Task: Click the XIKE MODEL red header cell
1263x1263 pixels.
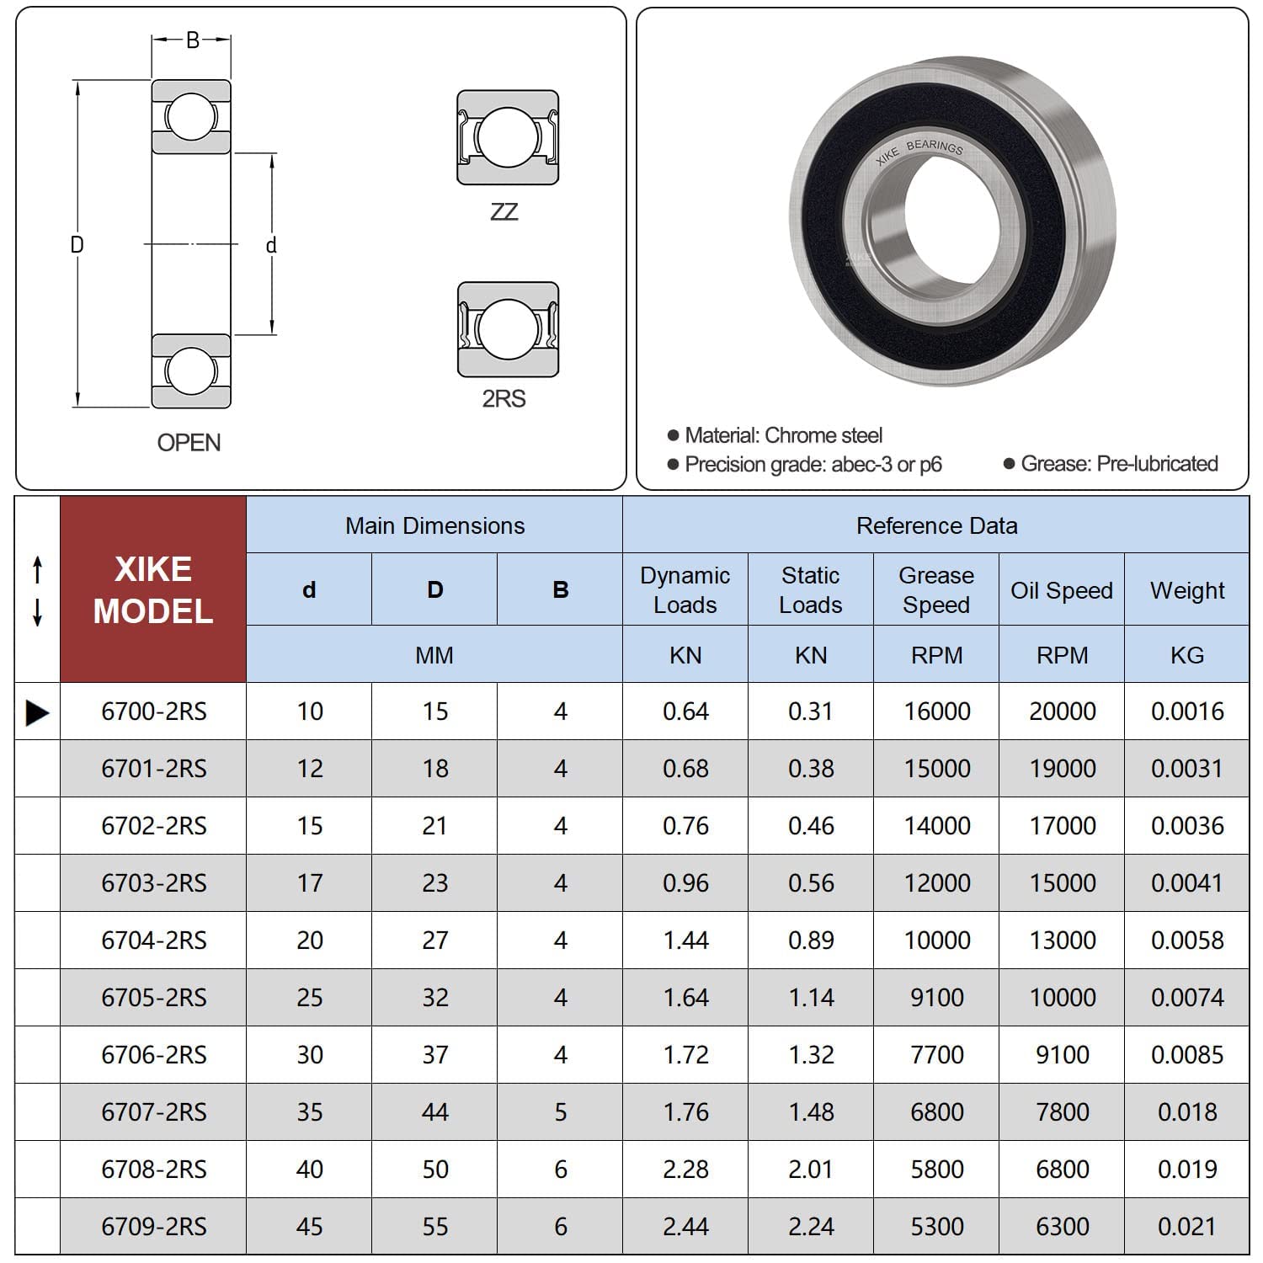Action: click(x=153, y=589)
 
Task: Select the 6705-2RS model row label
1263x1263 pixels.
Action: click(x=153, y=998)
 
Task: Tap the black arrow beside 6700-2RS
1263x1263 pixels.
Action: click(x=37, y=712)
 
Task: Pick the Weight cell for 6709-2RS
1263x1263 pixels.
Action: click(x=1187, y=1227)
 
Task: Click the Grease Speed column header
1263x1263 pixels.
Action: click(x=936, y=589)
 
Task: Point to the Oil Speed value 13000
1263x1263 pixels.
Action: click(x=1063, y=941)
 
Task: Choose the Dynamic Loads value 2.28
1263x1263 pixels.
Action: click(x=685, y=1170)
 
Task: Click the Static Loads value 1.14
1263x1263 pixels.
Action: click(x=811, y=998)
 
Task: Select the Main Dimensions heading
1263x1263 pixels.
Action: click(x=434, y=525)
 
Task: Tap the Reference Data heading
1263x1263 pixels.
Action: click(x=936, y=525)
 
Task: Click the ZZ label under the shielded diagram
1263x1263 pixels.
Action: click(x=504, y=212)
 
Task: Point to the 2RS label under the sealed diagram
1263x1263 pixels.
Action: click(x=504, y=398)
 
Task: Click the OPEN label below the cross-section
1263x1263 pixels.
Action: click(x=189, y=443)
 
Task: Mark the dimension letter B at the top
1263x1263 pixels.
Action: click(x=193, y=40)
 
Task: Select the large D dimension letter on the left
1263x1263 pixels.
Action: click(x=77, y=245)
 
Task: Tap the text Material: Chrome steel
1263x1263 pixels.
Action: click(x=783, y=435)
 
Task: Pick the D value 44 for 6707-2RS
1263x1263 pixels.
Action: click(x=434, y=1112)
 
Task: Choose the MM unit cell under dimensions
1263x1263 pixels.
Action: click(x=434, y=655)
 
